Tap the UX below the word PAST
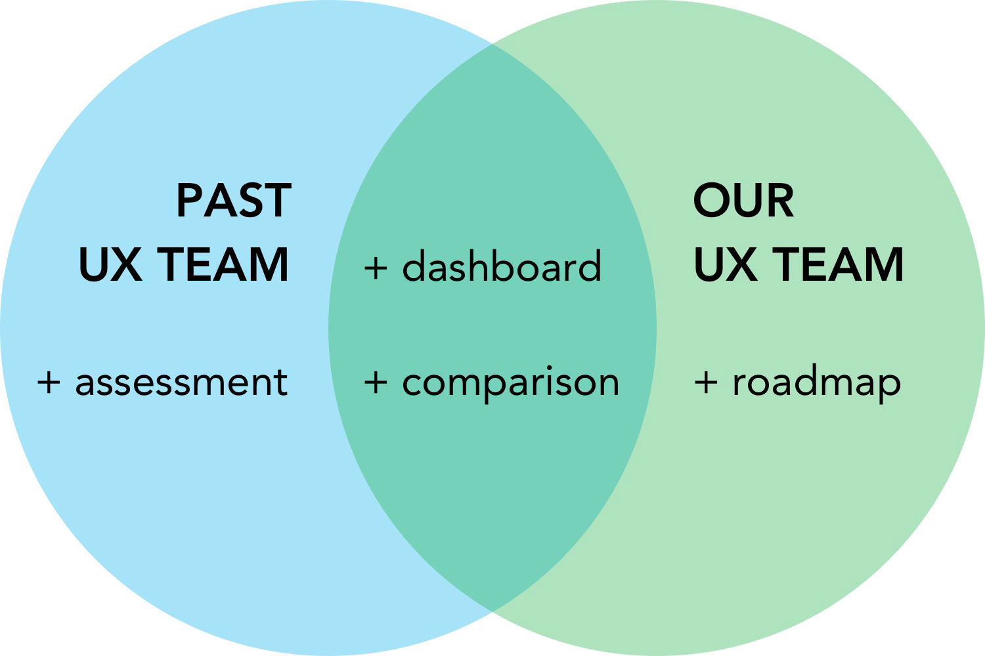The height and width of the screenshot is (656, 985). coord(110,264)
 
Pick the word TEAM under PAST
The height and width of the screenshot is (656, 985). coord(224,264)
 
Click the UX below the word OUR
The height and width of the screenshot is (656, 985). coord(725,264)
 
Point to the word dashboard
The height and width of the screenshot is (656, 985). coord(502,267)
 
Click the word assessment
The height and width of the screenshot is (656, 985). coord(181,382)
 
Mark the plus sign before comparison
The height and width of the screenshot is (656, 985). coord(376,382)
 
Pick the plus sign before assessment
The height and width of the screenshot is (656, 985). coord(49,382)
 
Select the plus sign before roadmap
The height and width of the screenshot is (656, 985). coord(706,382)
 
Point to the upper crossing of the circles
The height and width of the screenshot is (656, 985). coord(492,44)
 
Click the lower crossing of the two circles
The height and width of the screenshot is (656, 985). coord(492,612)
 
